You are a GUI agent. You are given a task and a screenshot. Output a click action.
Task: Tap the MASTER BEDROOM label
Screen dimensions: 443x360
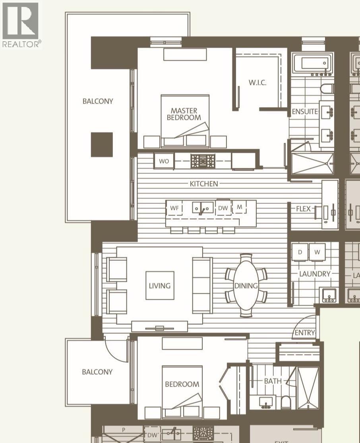(x=184, y=114)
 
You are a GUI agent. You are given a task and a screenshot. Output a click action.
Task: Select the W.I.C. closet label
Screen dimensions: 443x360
(x=257, y=83)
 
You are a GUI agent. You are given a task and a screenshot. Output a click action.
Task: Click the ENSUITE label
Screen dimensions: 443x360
(x=305, y=112)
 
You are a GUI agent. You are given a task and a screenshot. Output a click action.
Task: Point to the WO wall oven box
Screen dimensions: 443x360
(x=164, y=161)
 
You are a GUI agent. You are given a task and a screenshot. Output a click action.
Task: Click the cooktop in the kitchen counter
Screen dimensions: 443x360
(x=203, y=161)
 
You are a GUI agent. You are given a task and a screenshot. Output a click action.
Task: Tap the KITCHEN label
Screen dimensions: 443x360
(x=204, y=184)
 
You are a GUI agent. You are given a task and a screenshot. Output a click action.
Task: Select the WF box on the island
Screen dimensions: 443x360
(x=174, y=208)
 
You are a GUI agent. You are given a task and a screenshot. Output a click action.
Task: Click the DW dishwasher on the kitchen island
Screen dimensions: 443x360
(x=223, y=208)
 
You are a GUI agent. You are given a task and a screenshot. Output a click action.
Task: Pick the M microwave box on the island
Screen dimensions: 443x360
(x=240, y=207)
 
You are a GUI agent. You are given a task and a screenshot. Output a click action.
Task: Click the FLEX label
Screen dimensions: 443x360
(x=303, y=208)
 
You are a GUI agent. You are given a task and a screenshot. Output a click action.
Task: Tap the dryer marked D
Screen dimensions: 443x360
(x=300, y=252)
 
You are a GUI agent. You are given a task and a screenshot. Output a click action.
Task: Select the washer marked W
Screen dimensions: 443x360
(x=317, y=252)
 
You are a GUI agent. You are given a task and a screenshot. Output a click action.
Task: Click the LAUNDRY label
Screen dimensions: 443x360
(x=315, y=274)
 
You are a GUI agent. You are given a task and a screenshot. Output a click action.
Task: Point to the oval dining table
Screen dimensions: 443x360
(x=246, y=285)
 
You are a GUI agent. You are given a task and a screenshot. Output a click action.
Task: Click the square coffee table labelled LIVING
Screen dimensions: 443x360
(x=160, y=285)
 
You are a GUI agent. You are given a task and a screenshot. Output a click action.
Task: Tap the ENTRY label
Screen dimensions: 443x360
(x=305, y=333)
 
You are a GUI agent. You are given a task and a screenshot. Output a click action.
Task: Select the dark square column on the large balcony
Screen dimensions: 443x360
(x=102, y=144)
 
